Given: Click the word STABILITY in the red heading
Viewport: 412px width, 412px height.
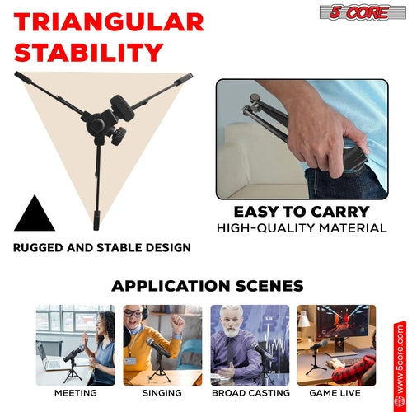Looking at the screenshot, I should tap(87, 53).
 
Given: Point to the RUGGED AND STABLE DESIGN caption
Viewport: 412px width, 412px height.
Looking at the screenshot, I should tap(102, 247).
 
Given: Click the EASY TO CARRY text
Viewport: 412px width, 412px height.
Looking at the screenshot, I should tap(302, 211).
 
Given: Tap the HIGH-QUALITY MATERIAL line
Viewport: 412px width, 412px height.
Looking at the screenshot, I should tap(302, 227).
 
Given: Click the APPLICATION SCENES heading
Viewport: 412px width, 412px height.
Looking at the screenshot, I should tap(207, 286).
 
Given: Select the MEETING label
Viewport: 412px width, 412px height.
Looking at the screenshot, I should tap(76, 393).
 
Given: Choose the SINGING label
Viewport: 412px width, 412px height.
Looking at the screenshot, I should tap(162, 393).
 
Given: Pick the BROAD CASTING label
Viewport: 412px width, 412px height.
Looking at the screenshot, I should tap(249, 393).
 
